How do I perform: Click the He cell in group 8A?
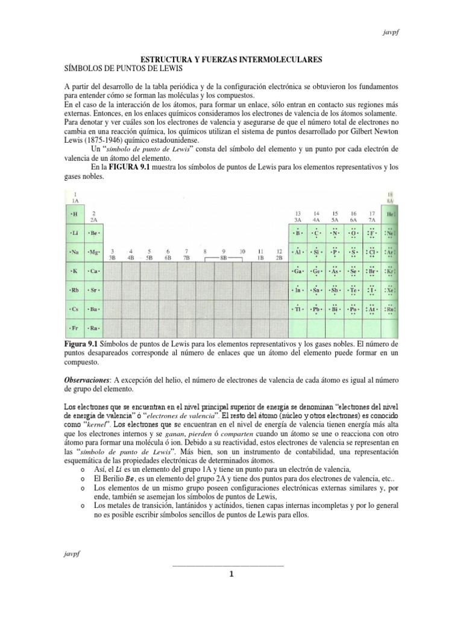click(390, 214)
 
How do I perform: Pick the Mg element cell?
click(93, 252)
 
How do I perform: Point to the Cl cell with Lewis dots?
click(372, 252)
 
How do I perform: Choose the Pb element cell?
click(315, 309)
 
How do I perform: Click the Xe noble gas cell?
click(390, 290)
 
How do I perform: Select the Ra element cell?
click(93, 328)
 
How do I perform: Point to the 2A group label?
click(93, 217)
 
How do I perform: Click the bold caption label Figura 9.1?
click(82, 343)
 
